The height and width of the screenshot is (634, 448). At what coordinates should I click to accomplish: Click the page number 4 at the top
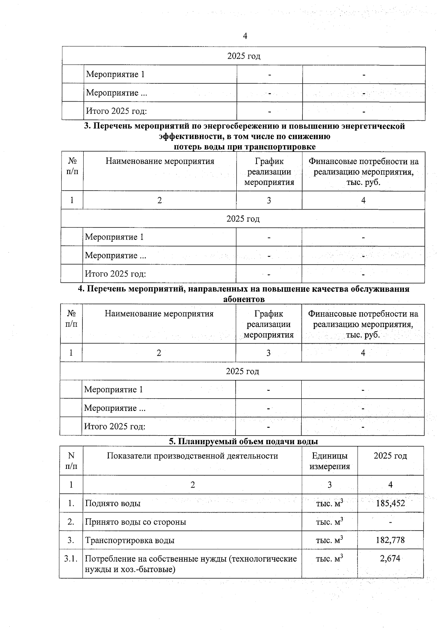tap(245, 36)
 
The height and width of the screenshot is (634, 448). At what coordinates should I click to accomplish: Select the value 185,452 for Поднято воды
tap(390, 503)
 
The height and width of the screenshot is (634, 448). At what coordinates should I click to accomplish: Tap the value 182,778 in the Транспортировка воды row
tap(390, 540)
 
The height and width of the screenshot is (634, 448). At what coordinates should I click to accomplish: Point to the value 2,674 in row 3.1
tap(390, 559)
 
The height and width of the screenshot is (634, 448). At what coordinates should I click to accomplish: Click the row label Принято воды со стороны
tap(136, 522)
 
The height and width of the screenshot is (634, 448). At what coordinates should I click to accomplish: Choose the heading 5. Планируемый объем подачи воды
tap(243, 441)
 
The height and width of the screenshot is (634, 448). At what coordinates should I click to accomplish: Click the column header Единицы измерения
tap(329, 461)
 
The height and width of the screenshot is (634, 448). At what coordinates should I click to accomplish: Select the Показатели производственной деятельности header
tap(192, 456)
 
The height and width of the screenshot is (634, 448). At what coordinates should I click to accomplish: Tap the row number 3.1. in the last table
tap(71, 559)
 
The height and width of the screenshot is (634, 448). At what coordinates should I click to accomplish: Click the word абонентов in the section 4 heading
tap(243, 299)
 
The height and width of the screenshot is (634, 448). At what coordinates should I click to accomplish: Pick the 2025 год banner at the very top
tap(243, 56)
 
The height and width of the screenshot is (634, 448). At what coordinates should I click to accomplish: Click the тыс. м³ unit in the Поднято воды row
tap(329, 503)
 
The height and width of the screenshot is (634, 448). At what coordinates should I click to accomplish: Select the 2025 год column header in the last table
tap(390, 456)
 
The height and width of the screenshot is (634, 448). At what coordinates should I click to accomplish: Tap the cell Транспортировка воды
tap(130, 540)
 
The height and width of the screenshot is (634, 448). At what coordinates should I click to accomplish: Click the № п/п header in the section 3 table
tap(72, 166)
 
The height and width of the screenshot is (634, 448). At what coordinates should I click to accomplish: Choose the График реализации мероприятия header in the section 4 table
tap(268, 324)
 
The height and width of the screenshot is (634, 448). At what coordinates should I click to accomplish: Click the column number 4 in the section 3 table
tap(363, 200)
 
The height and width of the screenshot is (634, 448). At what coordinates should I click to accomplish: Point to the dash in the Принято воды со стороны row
tap(390, 522)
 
